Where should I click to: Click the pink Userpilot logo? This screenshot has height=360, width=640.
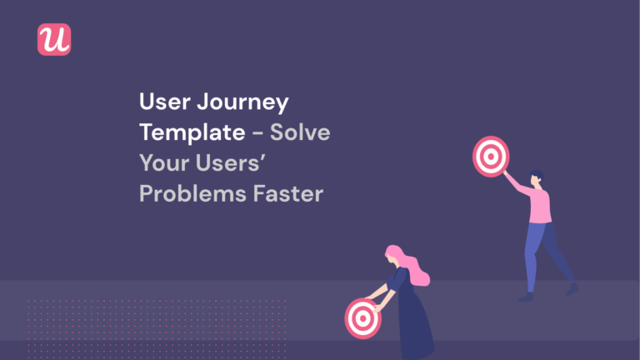[x=54, y=40]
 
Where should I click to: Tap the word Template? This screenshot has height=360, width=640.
[x=191, y=133]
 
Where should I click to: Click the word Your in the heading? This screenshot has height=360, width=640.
[x=163, y=163]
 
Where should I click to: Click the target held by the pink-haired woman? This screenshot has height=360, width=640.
[x=362, y=317]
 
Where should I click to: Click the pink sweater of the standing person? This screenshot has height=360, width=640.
[x=537, y=205]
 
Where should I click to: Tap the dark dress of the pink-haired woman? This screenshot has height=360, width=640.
[x=412, y=321]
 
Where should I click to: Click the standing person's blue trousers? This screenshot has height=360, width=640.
[x=545, y=250]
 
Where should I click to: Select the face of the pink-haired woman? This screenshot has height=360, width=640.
[x=392, y=262]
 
